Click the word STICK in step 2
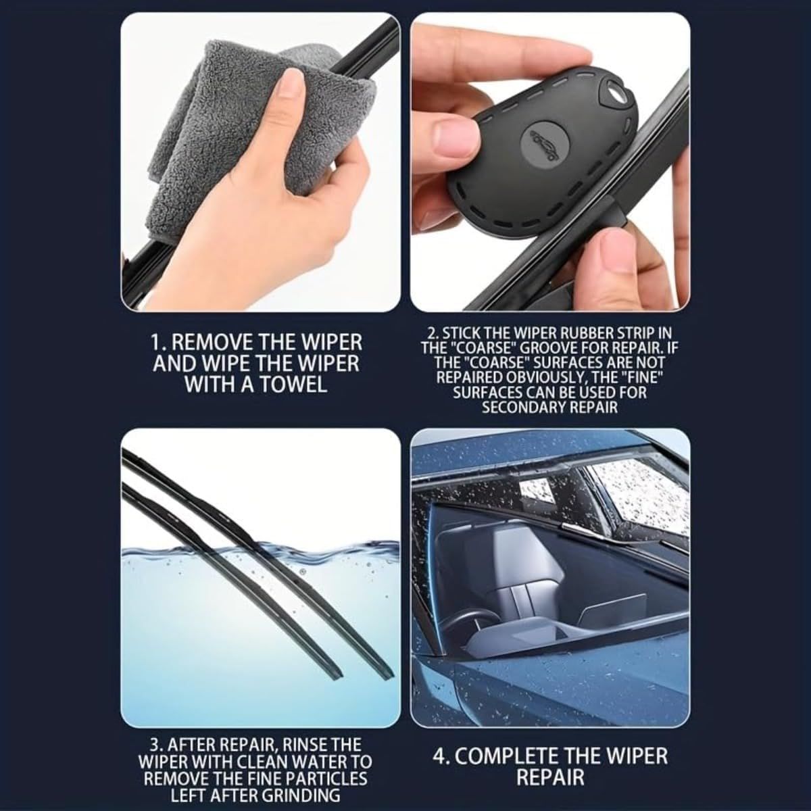pyautogui.click(x=463, y=334)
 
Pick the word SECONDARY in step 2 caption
pyautogui.click(x=516, y=408)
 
